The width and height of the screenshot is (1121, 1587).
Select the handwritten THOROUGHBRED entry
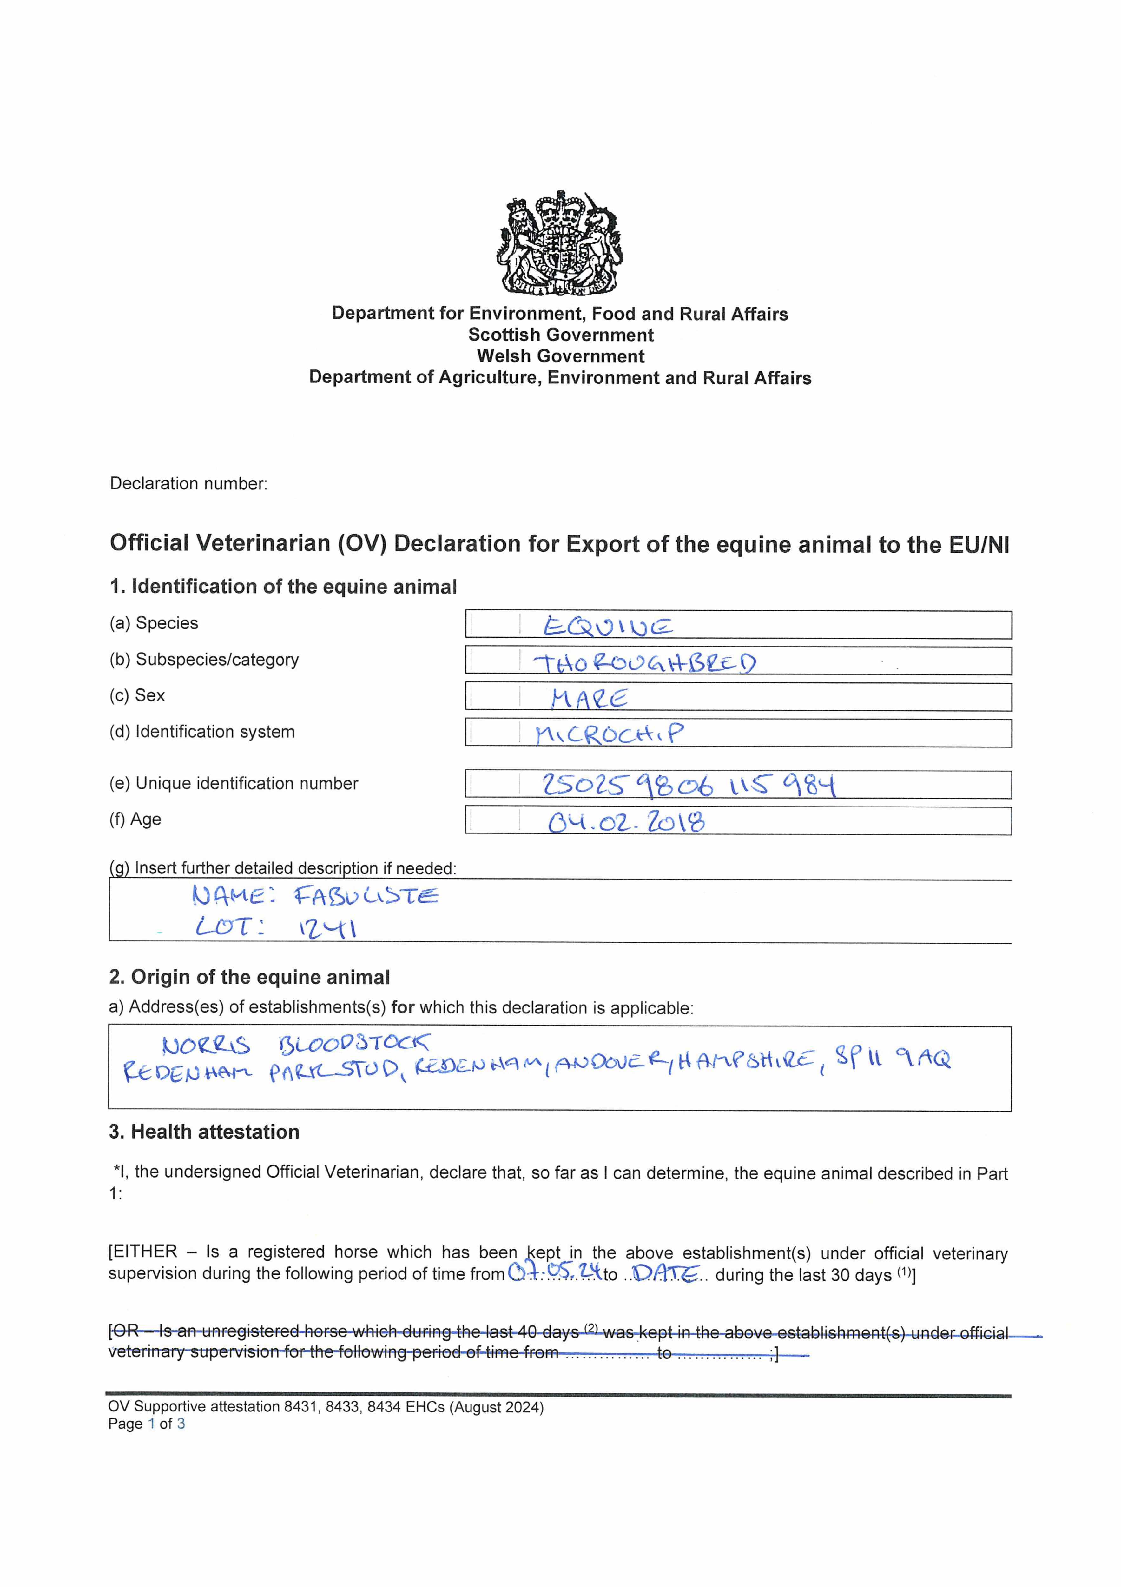tap(644, 664)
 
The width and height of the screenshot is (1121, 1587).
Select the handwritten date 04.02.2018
tap(626, 822)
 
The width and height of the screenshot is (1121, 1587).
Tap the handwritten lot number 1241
tap(327, 927)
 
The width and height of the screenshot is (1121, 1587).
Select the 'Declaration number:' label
tap(188, 483)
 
